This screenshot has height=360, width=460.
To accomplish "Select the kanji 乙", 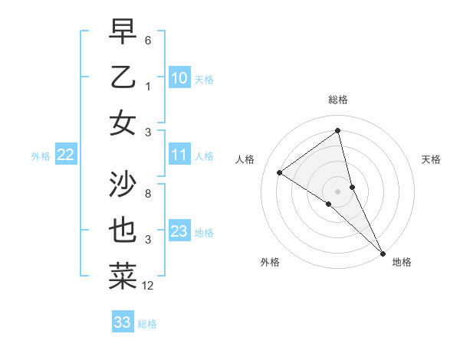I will point(123,77).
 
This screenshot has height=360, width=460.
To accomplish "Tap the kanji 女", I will point(123,123).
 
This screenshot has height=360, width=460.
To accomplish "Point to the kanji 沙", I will point(123,183).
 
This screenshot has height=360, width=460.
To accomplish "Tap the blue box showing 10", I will point(179,77).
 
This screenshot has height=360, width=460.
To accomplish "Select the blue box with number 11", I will point(179,155).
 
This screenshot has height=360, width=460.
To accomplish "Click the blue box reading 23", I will point(179,231).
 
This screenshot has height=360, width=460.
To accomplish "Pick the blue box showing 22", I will point(65,155).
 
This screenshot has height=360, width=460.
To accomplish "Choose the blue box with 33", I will point(123,322).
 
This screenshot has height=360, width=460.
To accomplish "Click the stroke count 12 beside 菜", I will point(148,286).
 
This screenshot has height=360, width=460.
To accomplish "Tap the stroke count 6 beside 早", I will point(148,40).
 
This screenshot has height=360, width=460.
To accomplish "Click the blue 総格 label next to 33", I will point(147,324).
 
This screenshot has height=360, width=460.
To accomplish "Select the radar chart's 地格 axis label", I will point(402,262).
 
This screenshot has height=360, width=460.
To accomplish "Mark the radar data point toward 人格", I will point(279,173).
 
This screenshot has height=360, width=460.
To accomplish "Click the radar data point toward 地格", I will point(383,252).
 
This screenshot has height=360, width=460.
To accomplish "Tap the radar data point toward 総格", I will point(337,131).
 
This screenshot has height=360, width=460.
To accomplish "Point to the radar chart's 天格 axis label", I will point(432,160).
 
